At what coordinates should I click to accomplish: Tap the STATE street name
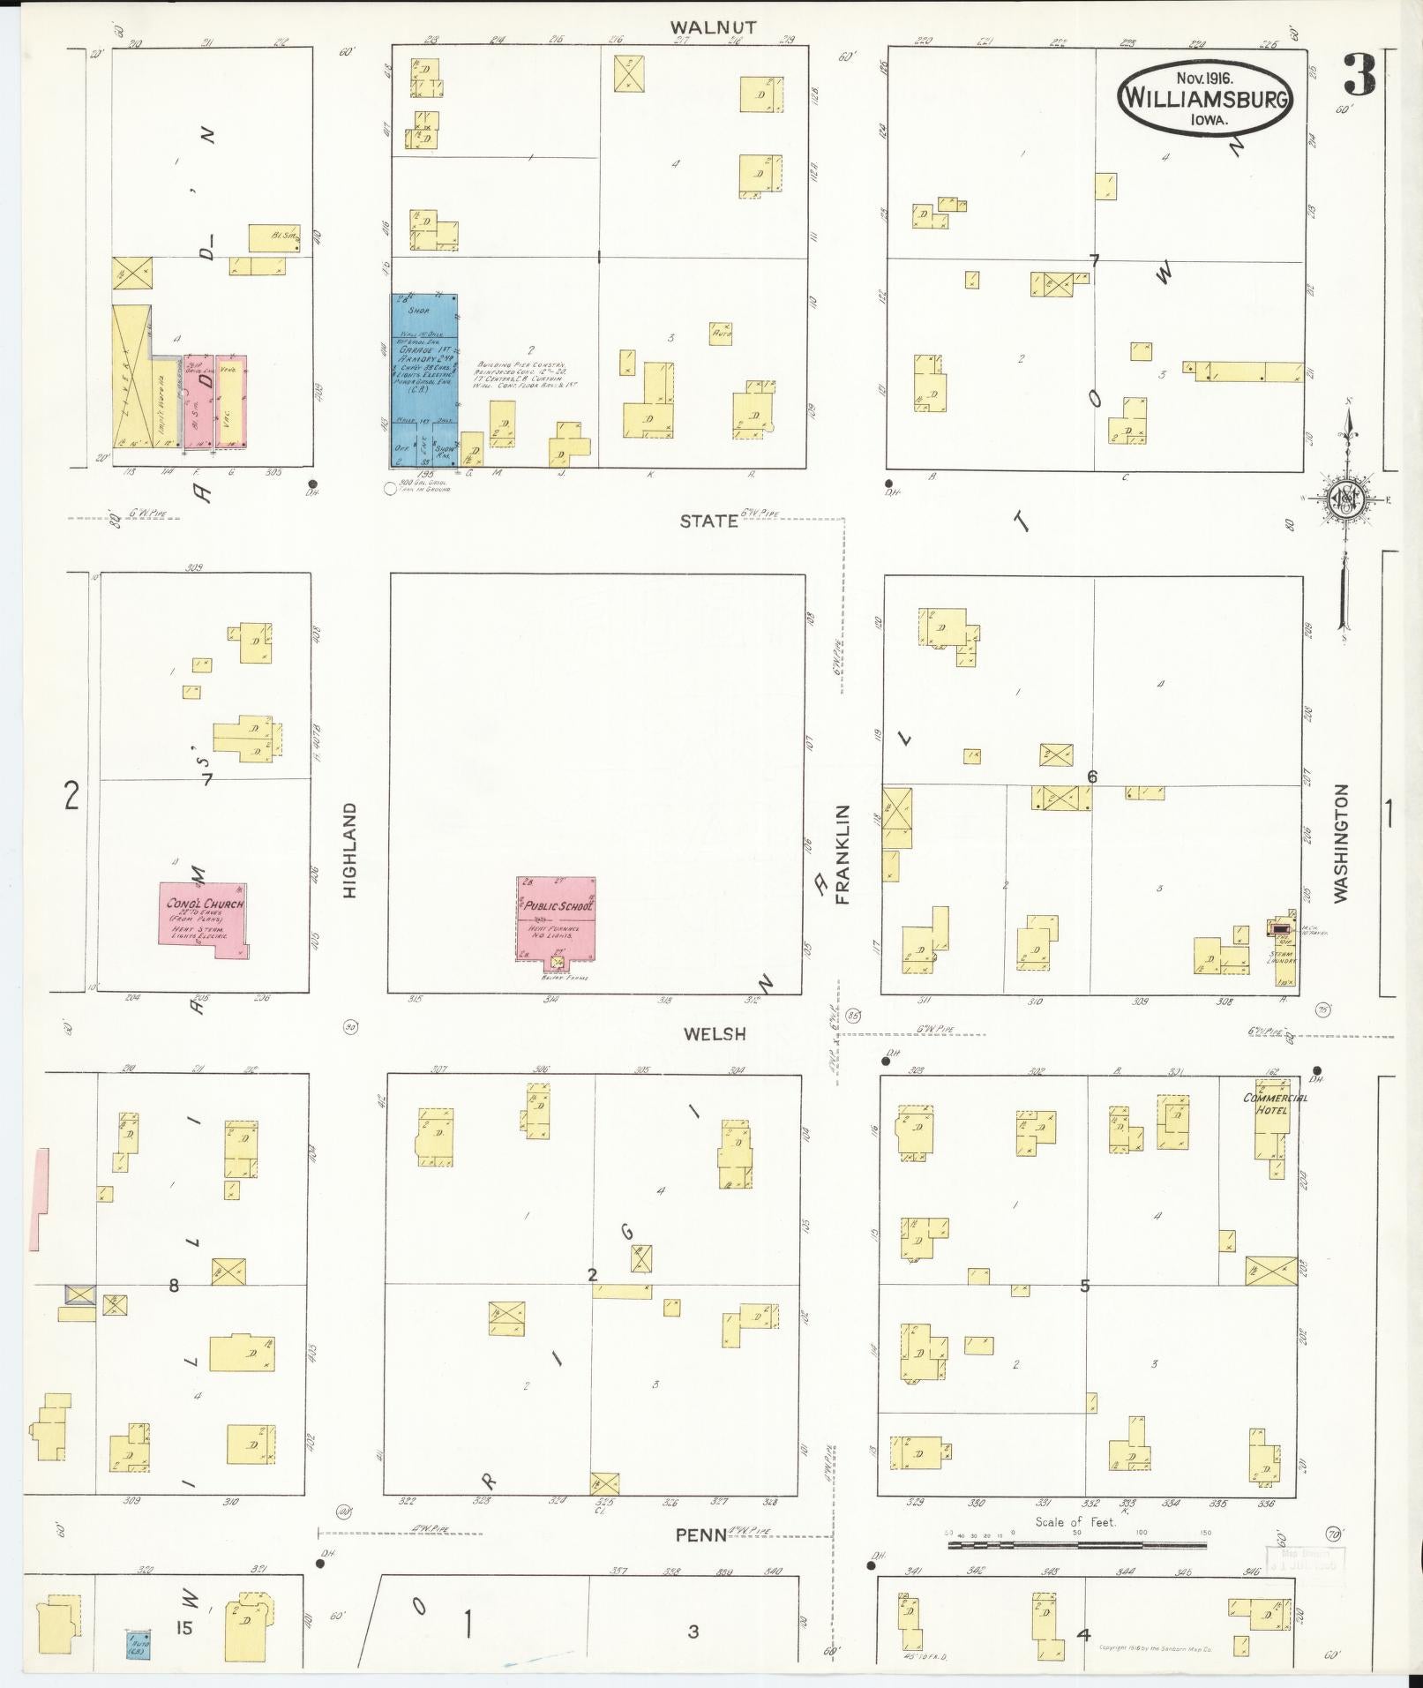tap(708, 521)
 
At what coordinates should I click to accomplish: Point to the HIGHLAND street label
tap(349, 850)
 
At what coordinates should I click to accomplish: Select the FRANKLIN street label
tap(843, 853)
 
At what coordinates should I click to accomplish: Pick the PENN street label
tap(701, 1535)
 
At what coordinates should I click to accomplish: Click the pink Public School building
tap(556, 918)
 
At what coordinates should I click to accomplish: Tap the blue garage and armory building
tap(423, 379)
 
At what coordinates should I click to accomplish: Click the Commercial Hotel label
tap(1274, 1104)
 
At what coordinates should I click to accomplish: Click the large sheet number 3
tap(1359, 76)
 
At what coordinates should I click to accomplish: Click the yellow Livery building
tap(131, 378)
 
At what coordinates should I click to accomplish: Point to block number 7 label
tap(1094, 261)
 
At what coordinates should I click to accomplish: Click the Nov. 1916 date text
tap(1204, 78)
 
